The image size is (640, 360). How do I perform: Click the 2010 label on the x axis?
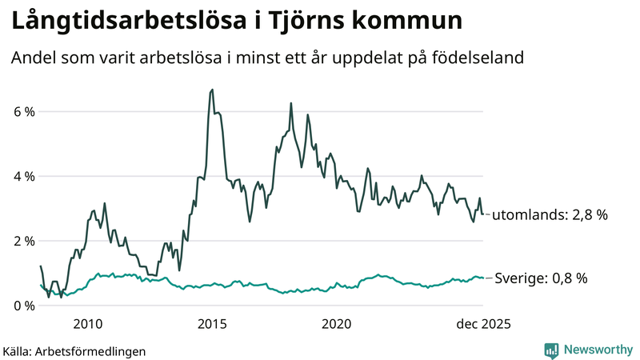(88, 324)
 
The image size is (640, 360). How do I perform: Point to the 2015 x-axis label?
(212, 324)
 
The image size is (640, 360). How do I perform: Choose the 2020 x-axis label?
(336, 324)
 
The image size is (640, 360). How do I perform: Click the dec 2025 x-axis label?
(482, 324)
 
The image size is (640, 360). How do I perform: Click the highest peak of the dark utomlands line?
(212, 90)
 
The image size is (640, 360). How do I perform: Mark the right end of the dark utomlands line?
(482, 214)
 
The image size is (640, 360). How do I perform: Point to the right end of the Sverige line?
(482, 278)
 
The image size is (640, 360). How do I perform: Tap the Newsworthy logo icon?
(551, 350)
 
